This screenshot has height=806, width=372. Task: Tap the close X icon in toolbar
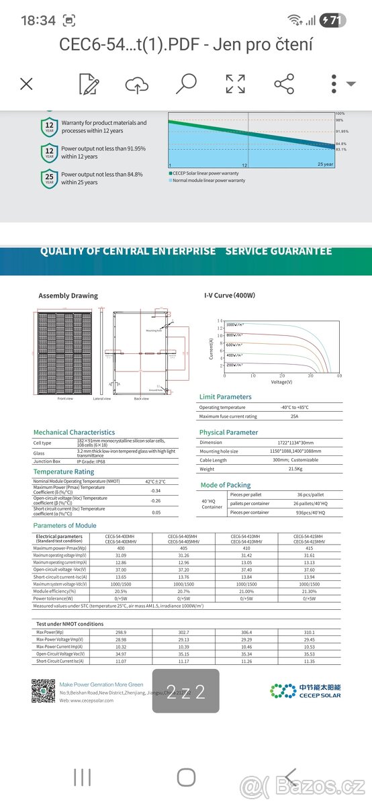coord(26,84)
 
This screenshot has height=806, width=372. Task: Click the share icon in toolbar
coord(284,84)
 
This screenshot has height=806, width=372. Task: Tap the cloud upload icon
coord(136,85)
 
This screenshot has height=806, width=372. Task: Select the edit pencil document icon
coord(89,84)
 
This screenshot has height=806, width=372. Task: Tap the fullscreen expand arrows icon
coord(235,84)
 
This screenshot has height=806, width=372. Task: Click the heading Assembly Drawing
coord(68,296)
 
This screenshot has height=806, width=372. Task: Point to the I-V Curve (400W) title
coord(230,296)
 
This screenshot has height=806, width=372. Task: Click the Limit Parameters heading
coord(226,397)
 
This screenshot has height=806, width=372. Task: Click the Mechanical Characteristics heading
coord(74,432)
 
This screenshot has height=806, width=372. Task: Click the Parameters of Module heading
coord(64,525)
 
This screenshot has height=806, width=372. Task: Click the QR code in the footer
coord(44,690)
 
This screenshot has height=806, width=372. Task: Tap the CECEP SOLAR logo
coord(306,690)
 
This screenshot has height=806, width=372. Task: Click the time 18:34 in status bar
coord(38,21)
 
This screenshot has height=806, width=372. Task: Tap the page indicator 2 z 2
coord(185,690)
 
